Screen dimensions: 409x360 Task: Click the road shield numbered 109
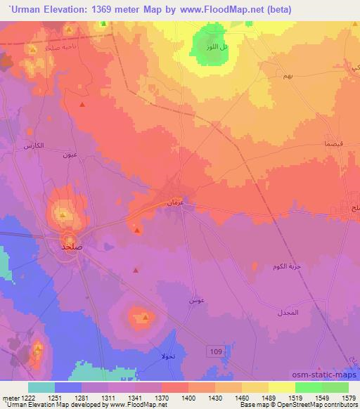coord(216,350)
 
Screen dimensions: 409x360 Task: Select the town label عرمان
coord(175,202)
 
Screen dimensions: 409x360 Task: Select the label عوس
coord(196,300)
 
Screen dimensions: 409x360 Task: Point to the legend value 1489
coord(255,397)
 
